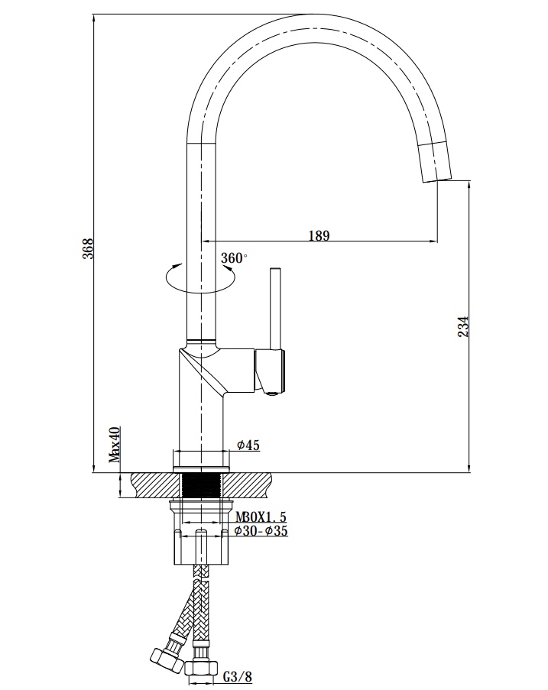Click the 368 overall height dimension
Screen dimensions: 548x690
coord(89,248)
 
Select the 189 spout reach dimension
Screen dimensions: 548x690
coord(319,236)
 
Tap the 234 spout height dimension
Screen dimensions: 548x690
coord(463,326)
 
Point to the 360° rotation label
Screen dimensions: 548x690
coord(234,258)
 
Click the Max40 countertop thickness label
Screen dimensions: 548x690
coord(115,445)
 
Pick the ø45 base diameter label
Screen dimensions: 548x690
coord(248,445)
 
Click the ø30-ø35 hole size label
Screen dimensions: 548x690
coord(261,531)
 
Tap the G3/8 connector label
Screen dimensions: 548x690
coord(237,676)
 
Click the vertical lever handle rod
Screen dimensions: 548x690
coord(276,308)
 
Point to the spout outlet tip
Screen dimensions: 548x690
coord(437,180)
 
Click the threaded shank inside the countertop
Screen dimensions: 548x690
coord(201,486)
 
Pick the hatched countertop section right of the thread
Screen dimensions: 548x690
coord(247,485)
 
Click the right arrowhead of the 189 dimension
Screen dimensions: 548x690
coord(433,241)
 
